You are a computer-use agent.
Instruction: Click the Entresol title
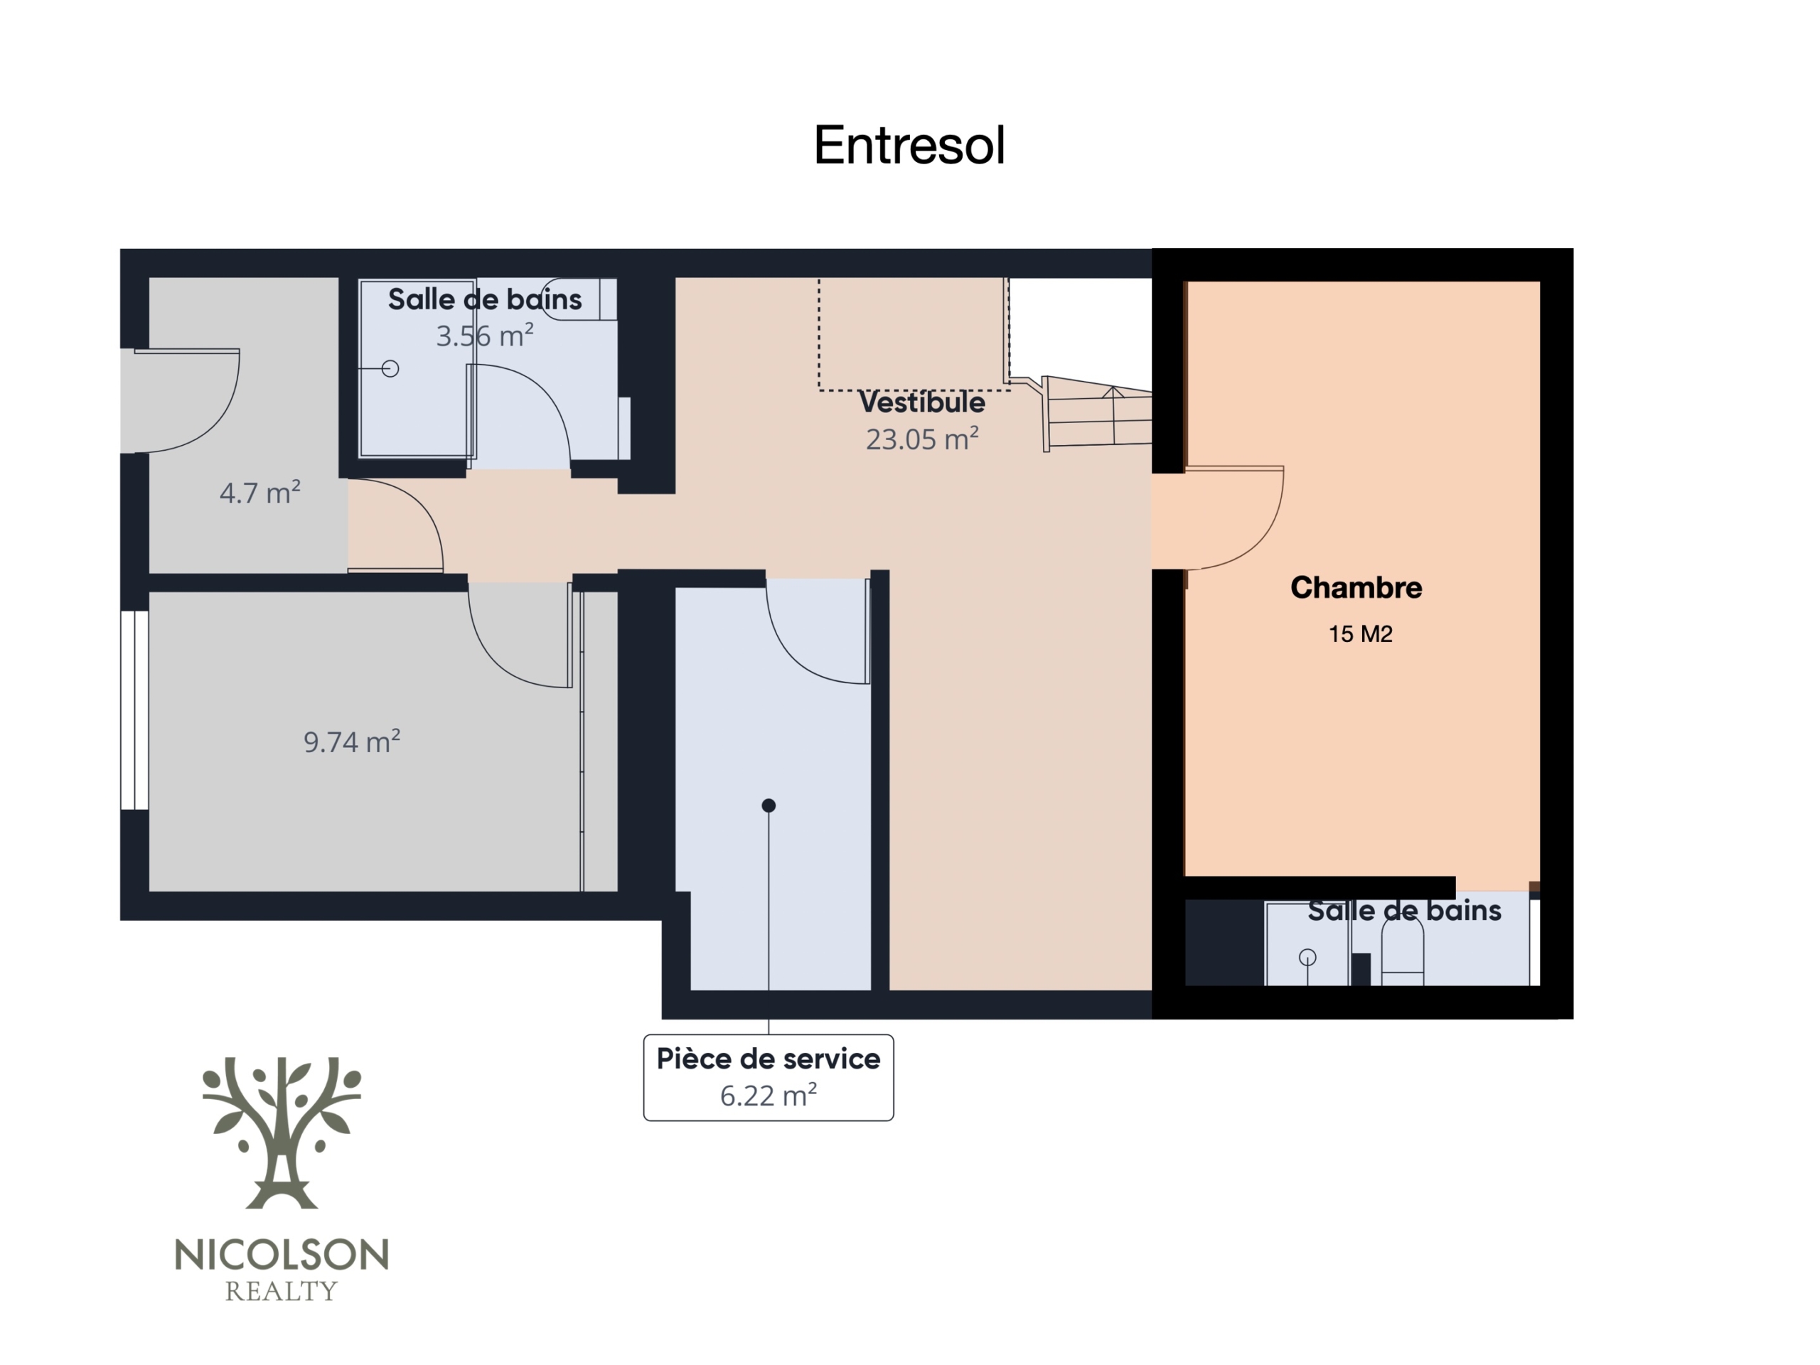pyautogui.click(x=909, y=146)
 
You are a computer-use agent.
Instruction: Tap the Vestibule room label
pyautogui.click(x=921, y=402)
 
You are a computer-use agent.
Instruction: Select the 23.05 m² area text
pyautogui.click(x=921, y=439)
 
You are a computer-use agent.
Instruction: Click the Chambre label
pyautogui.click(x=1356, y=587)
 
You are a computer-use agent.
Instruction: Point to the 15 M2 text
pyautogui.click(x=1361, y=634)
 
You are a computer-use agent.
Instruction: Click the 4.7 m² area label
pyautogui.click(x=260, y=492)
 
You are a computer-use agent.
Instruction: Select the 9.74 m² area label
pyautogui.click(x=352, y=742)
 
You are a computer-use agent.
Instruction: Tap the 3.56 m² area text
pyautogui.click(x=485, y=336)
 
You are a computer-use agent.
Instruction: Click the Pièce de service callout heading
pyautogui.click(x=769, y=1059)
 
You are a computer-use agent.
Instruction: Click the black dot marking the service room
pyautogui.click(x=769, y=805)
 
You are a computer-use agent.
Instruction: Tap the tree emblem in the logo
pyautogui.click(x=282, y=1132)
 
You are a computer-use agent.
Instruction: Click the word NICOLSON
pyautogui.click(x=282, y=1256)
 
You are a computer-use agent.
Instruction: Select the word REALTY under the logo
pyautogui.click(x=282, y=1292)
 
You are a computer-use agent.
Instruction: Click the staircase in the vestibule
pyautogui.click(x=1098, y=414)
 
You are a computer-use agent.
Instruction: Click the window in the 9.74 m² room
pyautogui.click(x=134, y=710)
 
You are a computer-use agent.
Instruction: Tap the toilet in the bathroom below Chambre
pyautogui.click(x=1403, y=951)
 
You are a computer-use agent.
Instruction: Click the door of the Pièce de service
pyautogui.click(x=818, y=631)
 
